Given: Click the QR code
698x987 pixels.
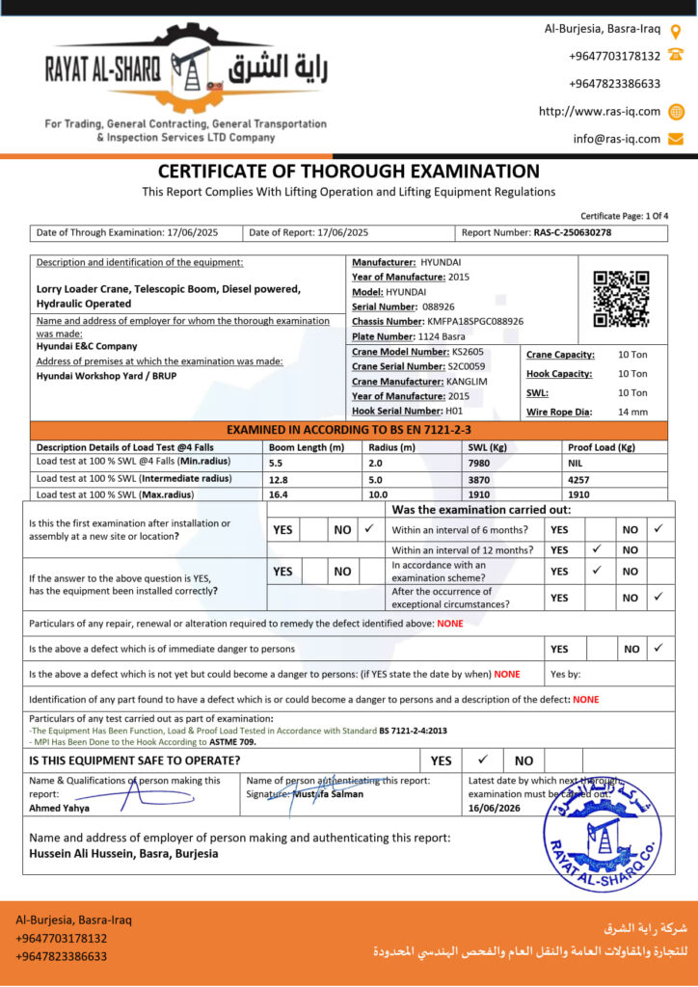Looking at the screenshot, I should tap(621, 299).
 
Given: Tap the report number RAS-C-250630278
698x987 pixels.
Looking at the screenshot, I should tap(572, 232).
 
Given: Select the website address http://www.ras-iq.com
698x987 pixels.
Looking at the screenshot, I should tap(600, 111).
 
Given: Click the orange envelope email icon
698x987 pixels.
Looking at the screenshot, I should tap(675, 139).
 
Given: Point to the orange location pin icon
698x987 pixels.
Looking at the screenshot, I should tap(675, 29).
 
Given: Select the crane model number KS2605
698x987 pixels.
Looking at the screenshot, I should tap(469, 352).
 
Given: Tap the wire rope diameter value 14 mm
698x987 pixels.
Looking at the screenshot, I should tap(632, 412).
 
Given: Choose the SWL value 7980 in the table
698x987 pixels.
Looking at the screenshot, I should tap(480, 463).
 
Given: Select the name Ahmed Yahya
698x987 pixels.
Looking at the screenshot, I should tap(60, 808).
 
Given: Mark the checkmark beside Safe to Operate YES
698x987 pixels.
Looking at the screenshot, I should tap(483, 760).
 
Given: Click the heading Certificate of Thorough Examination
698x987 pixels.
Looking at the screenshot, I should tap(349, 172).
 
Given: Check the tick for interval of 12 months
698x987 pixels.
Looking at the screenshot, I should tap(596, 549).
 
